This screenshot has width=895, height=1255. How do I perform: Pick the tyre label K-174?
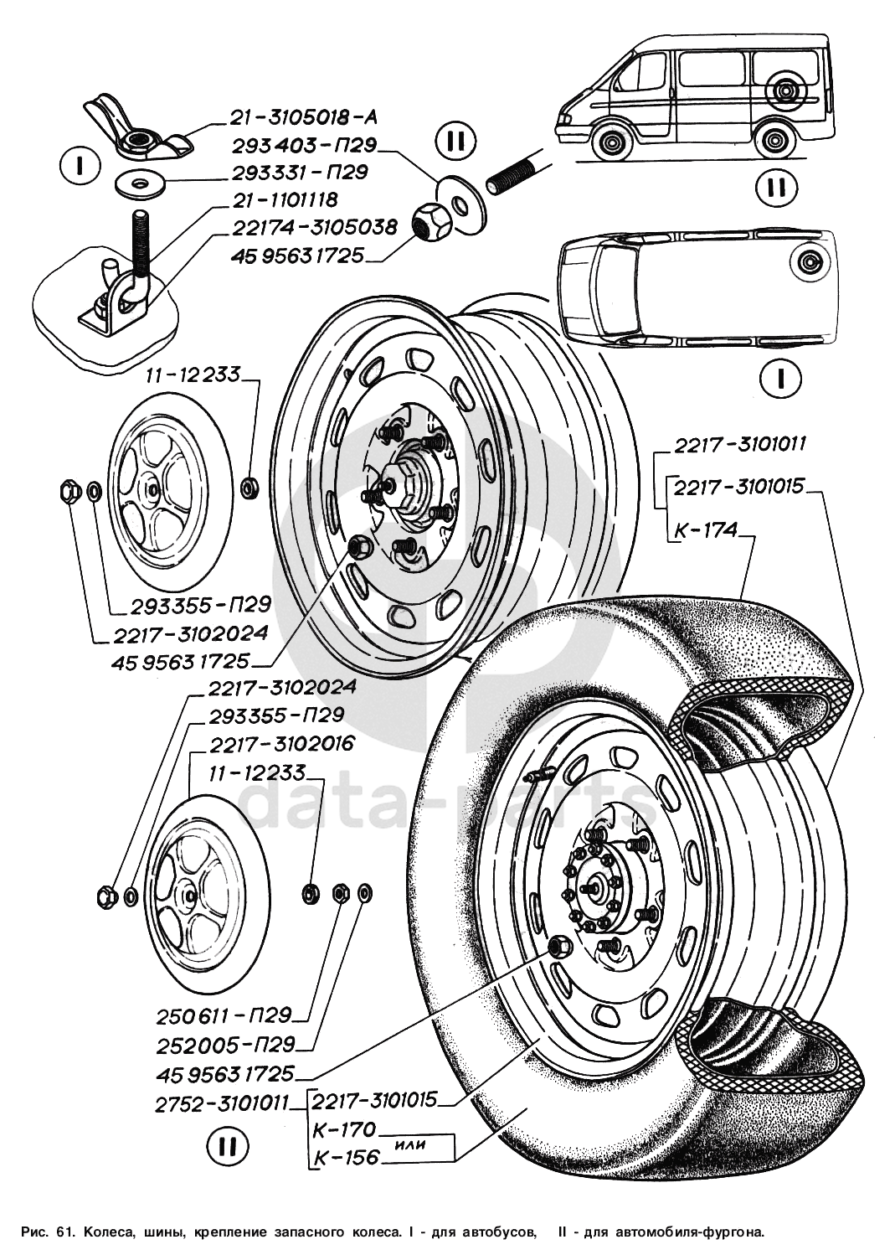705,529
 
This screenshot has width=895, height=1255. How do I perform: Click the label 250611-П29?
224,1016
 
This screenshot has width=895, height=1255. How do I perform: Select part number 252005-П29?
225,1045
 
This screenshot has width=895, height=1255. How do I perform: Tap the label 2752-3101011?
221,1103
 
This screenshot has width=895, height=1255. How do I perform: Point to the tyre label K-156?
346,1158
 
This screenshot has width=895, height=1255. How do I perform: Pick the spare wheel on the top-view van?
810,262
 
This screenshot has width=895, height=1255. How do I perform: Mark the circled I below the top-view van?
780,379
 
